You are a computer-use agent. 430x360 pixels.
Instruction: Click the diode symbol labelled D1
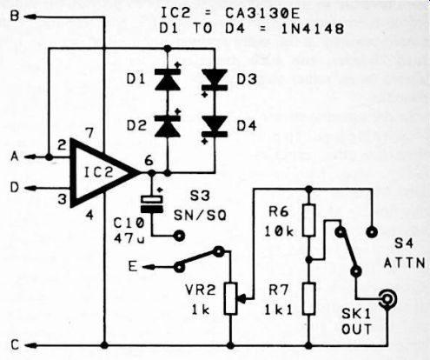point(168,78)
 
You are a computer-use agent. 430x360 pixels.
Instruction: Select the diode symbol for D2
point(168,126)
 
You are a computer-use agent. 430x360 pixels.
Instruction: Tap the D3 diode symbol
point(215,79)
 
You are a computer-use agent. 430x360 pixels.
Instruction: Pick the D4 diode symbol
point(215,126)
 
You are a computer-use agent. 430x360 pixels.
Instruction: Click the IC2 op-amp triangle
point(103,173)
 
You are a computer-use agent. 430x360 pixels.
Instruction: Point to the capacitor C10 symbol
point(151,204)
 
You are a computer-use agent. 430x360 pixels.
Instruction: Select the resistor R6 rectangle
point(309,220)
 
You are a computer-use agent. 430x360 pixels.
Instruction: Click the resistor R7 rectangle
point(309,299)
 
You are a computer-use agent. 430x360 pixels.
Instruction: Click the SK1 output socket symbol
point(387,298)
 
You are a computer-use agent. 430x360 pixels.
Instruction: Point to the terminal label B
point(15,16)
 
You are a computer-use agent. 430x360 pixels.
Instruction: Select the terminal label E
point(133,266)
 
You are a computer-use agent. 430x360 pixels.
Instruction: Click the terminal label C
point(15,345)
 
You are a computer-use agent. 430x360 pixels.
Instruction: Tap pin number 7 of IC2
point(89,133)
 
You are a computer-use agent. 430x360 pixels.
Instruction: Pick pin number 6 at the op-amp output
point(149,160)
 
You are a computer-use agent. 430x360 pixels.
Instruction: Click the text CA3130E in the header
point(262,13)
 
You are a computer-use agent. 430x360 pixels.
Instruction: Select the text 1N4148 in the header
point(313,29)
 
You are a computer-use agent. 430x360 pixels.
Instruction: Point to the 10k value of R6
point(279,231)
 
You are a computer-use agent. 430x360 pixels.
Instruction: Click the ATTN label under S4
point(405,263)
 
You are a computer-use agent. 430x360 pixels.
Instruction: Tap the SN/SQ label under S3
point(200,216)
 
